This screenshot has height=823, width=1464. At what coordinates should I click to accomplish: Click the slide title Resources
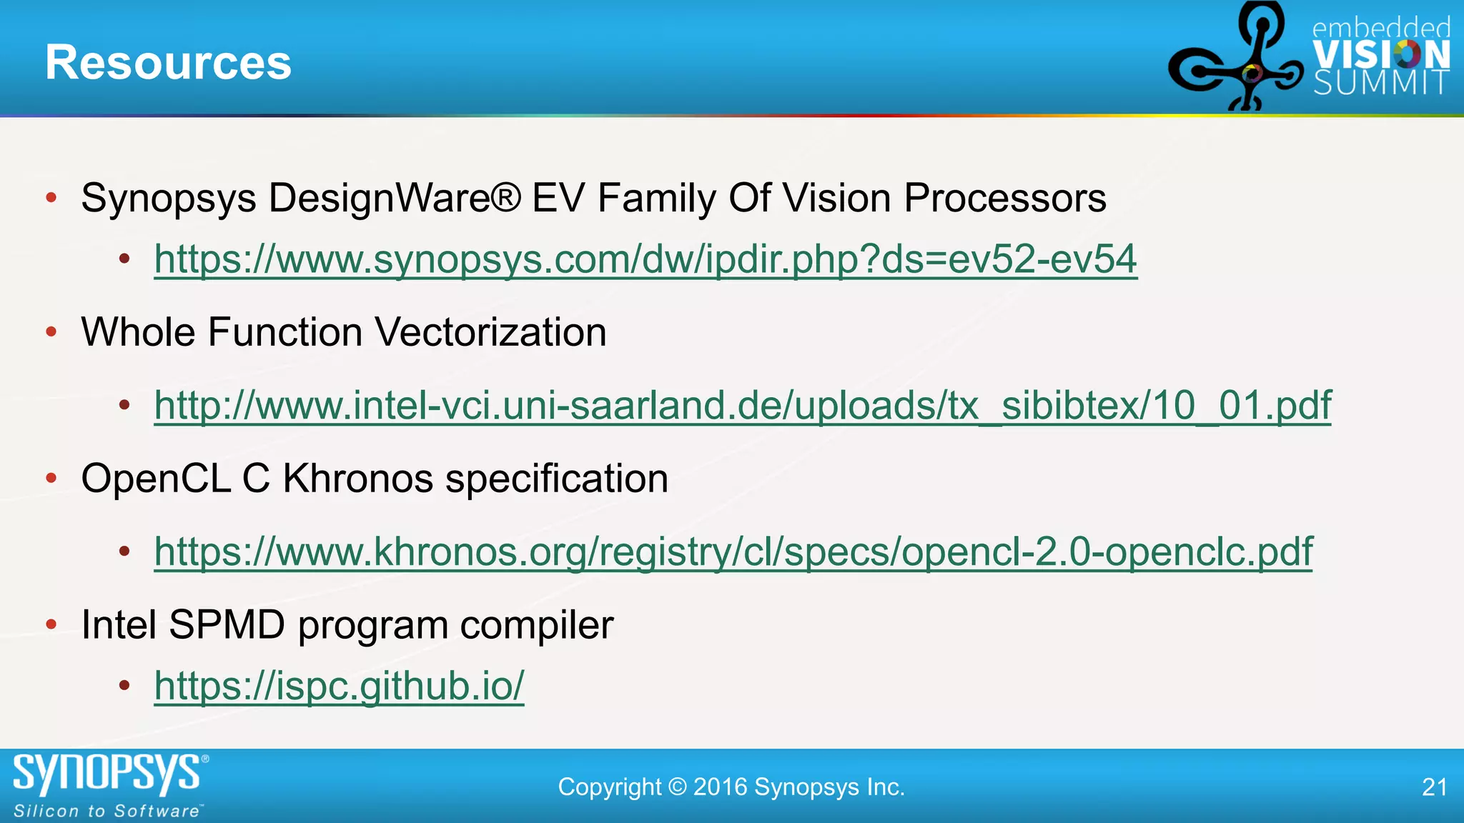point(168,63)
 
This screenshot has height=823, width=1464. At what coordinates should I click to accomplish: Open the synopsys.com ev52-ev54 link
point(645,259)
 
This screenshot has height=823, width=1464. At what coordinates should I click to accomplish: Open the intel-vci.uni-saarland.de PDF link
point(742,405)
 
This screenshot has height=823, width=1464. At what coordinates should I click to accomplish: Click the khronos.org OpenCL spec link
point(733,552)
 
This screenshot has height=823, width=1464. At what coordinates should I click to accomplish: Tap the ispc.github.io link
point(339,686)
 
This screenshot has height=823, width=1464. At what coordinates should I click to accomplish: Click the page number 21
point(1434,787)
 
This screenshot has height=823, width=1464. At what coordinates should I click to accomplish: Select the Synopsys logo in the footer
point(107,774)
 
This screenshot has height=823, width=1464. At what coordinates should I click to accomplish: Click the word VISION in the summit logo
point(1381,54)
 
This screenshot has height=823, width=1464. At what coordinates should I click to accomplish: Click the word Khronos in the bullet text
point(357,478)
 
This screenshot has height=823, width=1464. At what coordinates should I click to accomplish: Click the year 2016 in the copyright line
point(720,787)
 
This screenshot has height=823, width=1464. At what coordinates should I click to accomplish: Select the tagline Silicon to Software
point(107,811)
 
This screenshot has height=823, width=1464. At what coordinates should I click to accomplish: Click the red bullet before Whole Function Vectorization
point(51,331)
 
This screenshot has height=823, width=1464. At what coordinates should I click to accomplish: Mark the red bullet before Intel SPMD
point(51,624)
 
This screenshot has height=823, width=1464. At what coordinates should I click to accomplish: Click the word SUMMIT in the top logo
point(1381,84)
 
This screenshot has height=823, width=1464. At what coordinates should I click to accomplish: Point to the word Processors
point(1005,198)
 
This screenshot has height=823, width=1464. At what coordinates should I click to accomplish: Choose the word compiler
point(537,624)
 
